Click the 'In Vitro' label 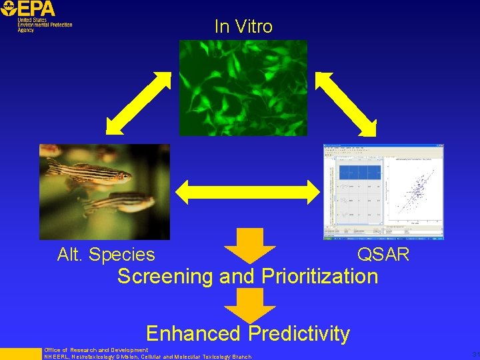point(243,27)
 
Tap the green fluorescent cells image point(243,87)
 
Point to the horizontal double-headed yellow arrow point(247,191)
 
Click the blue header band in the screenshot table point(360,172)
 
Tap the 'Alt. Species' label point(106,255)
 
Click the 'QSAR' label point(383,255)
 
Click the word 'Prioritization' point(319,276)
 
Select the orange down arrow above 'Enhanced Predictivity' point(249,304)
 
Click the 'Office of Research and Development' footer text point(96,350)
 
